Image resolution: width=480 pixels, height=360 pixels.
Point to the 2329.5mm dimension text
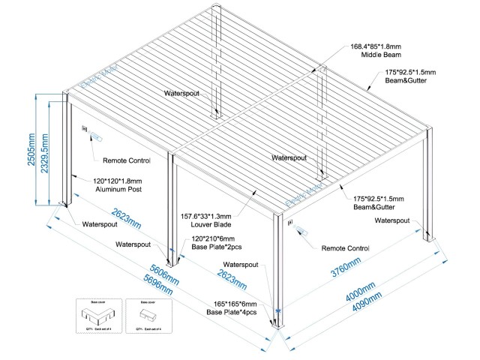point(46,154)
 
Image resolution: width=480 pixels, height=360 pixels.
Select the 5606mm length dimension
point(163,274)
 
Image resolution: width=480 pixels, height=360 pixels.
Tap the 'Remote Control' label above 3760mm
point(346,247)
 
